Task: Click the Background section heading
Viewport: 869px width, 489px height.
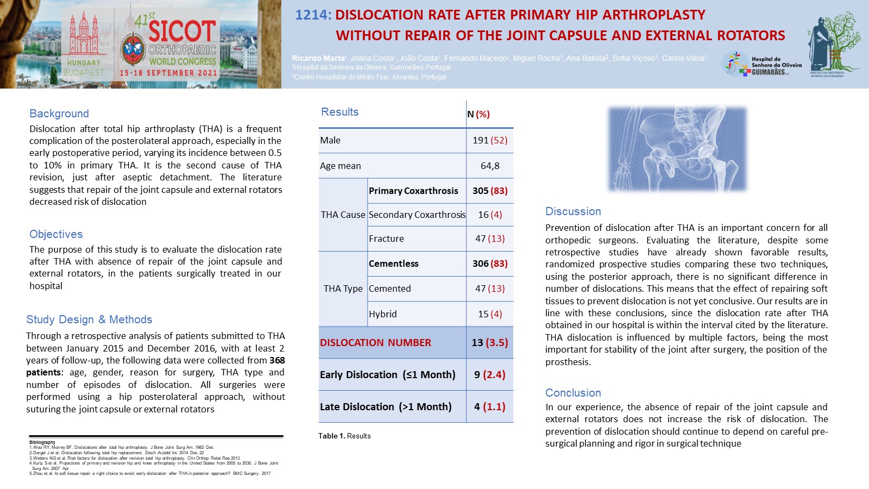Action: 59,114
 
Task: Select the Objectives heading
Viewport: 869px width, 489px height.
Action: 56,234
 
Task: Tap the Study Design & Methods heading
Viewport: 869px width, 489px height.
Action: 89,319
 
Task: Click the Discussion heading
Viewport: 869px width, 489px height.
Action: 573,211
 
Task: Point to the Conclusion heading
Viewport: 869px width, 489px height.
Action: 573,393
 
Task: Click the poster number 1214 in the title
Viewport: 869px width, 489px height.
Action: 312,15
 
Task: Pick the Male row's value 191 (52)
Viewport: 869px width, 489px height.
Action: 489,140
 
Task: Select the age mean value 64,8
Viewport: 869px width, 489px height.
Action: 489,166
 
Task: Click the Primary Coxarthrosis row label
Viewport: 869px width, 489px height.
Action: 413,191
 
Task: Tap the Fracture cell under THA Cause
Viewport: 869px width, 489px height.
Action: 386,239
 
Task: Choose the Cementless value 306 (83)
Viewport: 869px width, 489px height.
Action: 489,264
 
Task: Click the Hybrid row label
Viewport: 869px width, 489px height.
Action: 382,314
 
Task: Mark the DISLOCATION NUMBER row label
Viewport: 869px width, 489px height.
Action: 375,343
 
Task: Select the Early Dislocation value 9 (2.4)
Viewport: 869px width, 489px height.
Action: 489,374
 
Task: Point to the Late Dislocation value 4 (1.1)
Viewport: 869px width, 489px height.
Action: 489,406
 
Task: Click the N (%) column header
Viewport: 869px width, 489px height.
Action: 478,114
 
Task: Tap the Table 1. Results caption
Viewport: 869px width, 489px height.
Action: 344,436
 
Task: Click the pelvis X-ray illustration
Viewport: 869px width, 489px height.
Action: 677,149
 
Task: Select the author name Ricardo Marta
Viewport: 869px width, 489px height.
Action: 318,58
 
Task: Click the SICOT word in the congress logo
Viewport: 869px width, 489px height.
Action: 182,32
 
